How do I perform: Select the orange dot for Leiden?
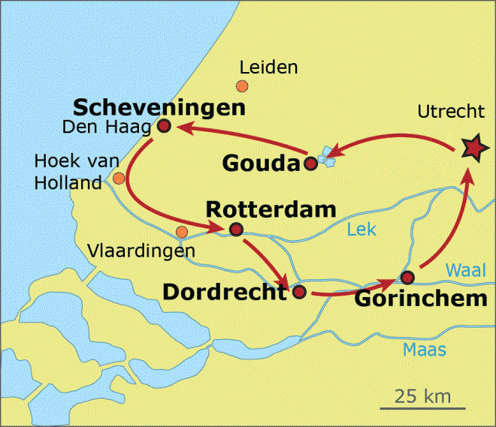tap(242, 86)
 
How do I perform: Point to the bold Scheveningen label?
tap(159, 107)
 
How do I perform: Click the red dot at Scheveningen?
tap(165, 127)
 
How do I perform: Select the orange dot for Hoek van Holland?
tap(119, 178)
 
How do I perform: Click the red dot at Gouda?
tap(310, 163)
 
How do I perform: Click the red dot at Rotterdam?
tap(236, 230)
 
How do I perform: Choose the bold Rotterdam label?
tap(270, 209)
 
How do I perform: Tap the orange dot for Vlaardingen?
tap(181, 231)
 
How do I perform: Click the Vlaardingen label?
tap(141, 250)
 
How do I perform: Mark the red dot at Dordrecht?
tap(298, 292)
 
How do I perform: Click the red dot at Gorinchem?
tap(407, 277)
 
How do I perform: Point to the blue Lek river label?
tap(361, 230)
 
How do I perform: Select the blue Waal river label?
tap(466, 270)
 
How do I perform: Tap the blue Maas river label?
tap(424, 350)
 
